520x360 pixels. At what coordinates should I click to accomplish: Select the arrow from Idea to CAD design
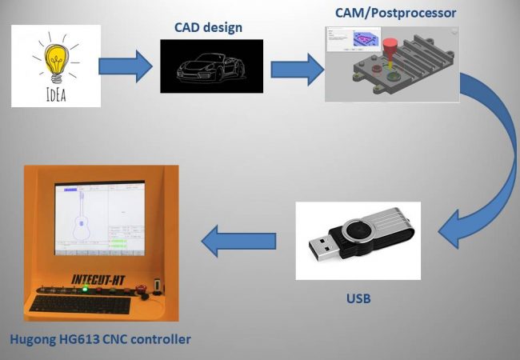click(x=130, y=66)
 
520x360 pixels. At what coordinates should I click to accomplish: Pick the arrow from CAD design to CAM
click(x=294, y=67)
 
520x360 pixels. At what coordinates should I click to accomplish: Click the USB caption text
click(x=358, y=299)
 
